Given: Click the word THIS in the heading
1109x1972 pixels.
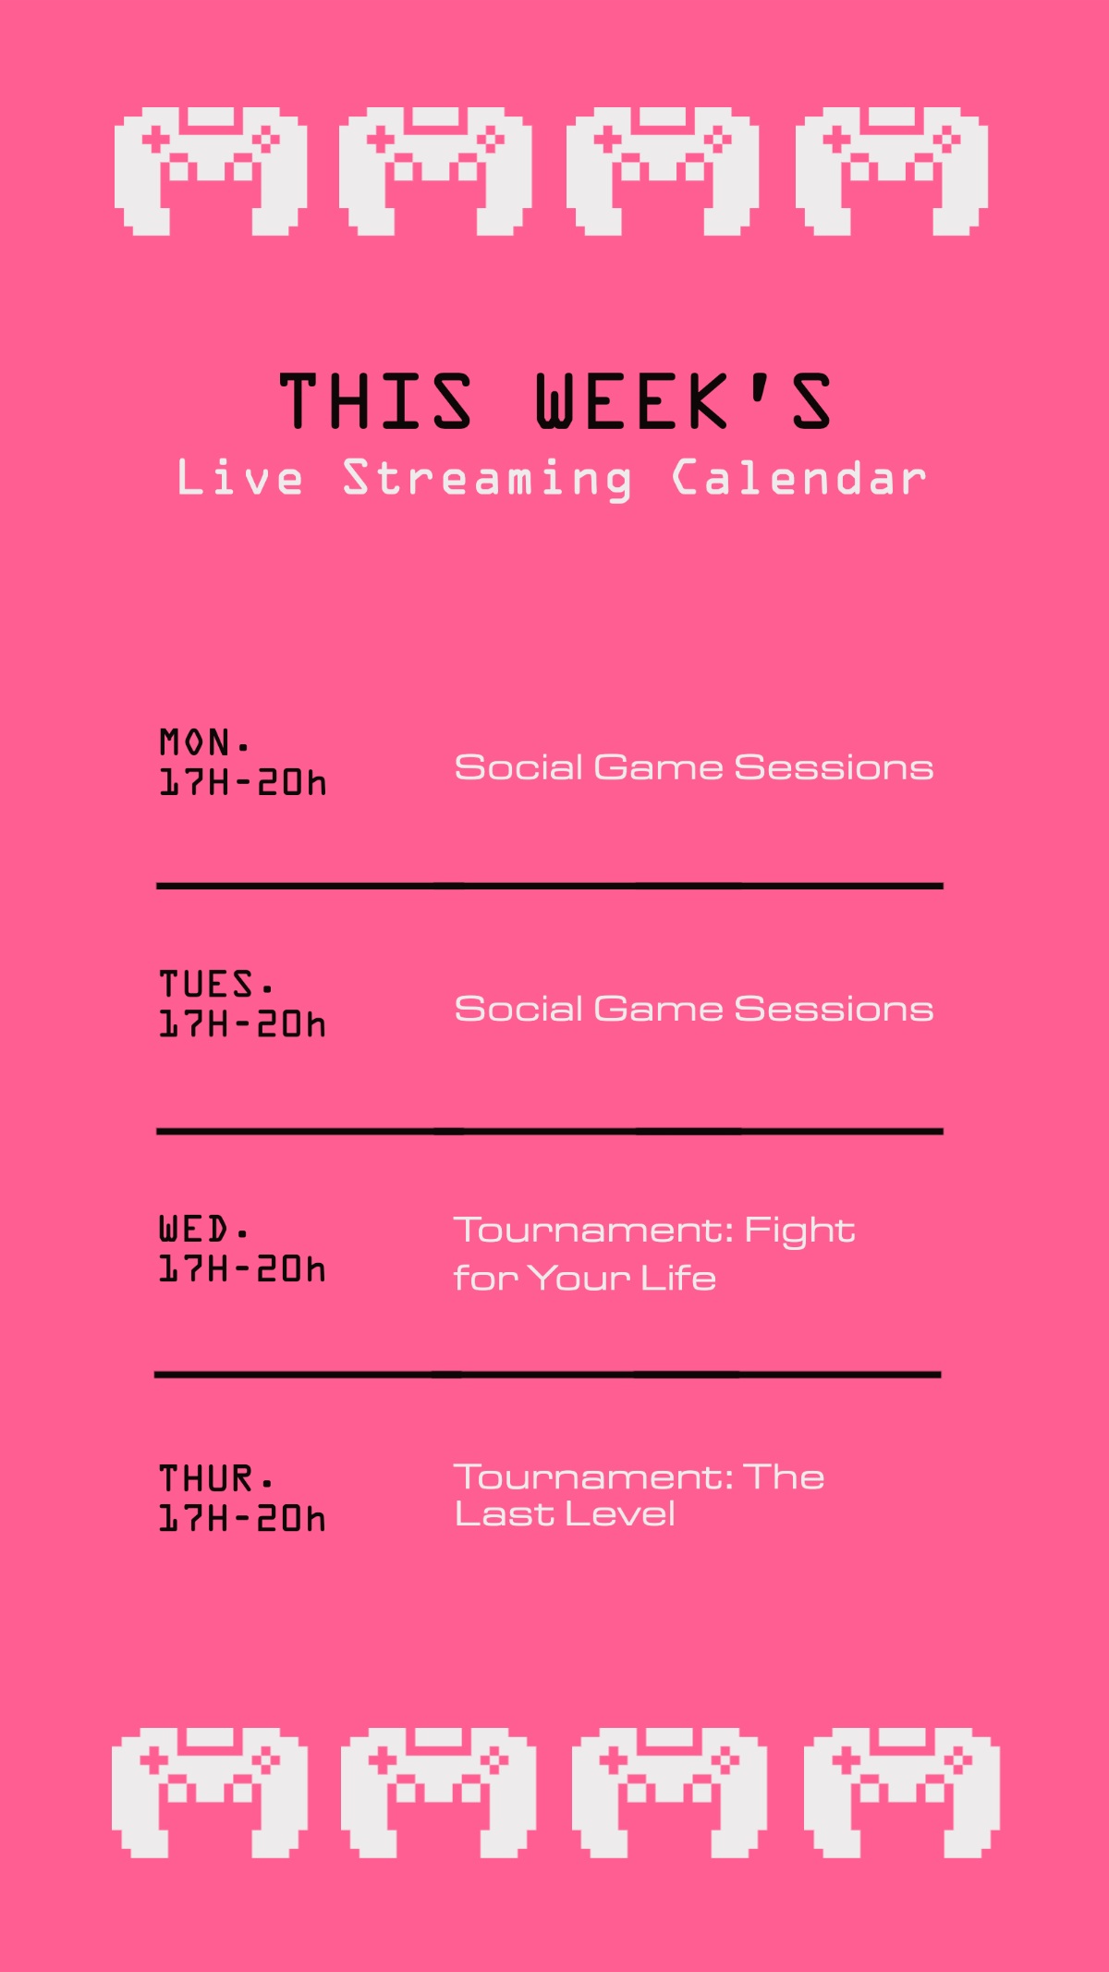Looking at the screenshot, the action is [x=376, y=401].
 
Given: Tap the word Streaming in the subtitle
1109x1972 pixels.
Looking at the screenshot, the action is [x=488, y=479].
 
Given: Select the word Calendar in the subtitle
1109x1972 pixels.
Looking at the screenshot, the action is [x=799, y=477].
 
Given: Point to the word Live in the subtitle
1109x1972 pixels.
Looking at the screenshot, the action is [x=240, y=477].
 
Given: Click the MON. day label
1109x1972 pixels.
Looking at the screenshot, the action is [x=204, y=741].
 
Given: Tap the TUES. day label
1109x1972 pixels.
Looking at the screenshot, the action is [x=216, y=984].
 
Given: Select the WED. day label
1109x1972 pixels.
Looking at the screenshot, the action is [x=203, y=1229].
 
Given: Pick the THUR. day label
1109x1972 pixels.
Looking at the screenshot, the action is [x=215, y=1478].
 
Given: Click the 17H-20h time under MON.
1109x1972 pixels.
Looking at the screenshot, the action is [x=243, y=782].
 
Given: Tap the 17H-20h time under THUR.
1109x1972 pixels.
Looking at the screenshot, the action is [x=243, y=1518].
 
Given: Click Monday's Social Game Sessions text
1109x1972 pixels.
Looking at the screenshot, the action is [x=694, y=767].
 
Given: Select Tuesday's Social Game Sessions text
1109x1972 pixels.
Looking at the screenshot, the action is [x=694, y=1009].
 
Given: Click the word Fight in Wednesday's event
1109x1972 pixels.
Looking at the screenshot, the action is [x=800, y=1231].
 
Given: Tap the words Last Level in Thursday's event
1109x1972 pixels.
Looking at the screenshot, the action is [x=565, y=1514].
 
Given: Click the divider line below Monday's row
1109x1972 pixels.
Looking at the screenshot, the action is [x=550, y=886].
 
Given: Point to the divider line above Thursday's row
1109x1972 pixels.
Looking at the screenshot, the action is [x=547, y=1375].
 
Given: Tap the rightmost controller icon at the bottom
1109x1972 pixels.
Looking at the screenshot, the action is [x=902, y=1794].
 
